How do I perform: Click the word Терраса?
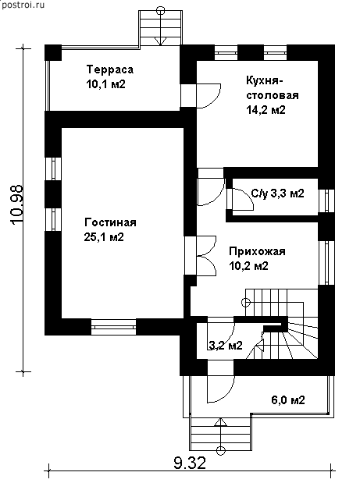pos(110,69)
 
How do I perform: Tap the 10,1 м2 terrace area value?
pos(105,84)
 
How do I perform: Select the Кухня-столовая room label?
pos(273,88)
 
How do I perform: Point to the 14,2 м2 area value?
pos(266,110)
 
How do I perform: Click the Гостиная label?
pos(110,222)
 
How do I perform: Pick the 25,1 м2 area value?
pos(104,237)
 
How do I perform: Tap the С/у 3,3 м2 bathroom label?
pos(278,194)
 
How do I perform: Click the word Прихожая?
pos(257,251)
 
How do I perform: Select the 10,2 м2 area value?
pos(248,266)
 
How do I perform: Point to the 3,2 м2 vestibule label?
pos(226,346)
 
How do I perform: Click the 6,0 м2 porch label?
pos(287,400)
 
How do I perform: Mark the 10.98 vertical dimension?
pos(17,204)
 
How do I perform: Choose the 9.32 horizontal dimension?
pos(190,463)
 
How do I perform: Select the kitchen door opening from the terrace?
pos(209,96)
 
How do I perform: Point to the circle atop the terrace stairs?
pos(160,11)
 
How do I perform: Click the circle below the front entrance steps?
pos(221,450)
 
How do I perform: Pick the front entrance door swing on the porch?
pos(220,381)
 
